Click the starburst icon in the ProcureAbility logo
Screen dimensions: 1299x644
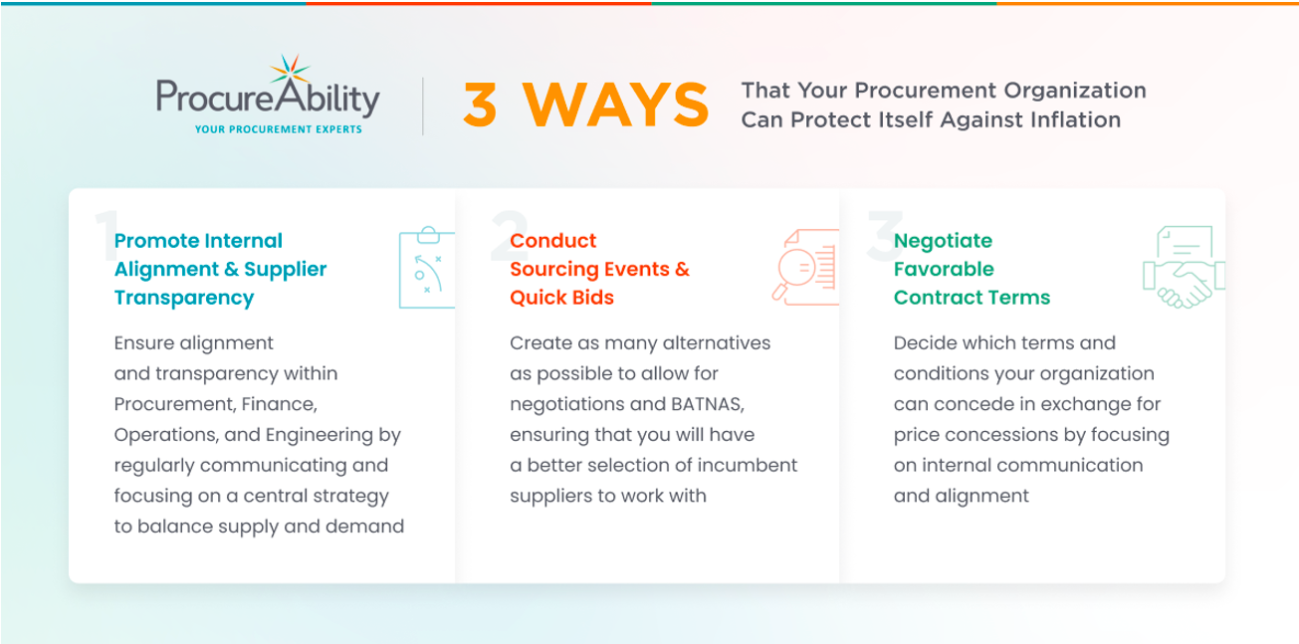click(291, 72)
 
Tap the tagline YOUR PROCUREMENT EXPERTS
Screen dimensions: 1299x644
click(279, 129)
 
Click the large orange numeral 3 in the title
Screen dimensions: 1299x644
click(480, 105)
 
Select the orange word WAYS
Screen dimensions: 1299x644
click(616, 105)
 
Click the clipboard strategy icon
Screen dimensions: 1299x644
click(427, 267)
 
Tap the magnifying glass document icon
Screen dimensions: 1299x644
click(805, 267)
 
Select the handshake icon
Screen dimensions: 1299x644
click(1184, 267)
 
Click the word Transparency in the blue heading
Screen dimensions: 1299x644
click(184, 298)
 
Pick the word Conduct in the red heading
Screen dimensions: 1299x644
click(552, 241)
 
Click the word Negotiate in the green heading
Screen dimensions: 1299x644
click(943, 241)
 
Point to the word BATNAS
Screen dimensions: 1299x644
click(708, 404)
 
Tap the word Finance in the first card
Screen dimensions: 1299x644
click(279, 404)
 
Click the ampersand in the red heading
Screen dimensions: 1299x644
click(682, 269)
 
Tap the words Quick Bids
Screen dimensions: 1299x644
click(561, 298)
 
